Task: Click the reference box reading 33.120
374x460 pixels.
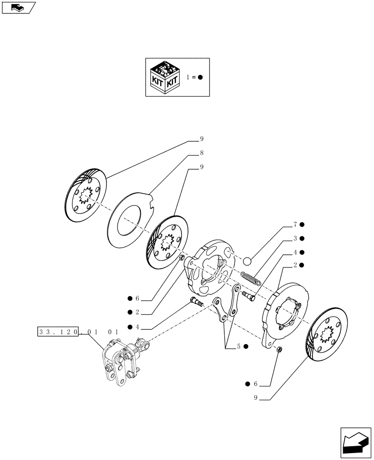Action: pyautogui.click(x=58, y=331)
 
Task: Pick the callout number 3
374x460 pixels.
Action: pyautogui.click(x=295, y=238)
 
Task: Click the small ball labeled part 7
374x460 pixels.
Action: pyautogui.click(x=247, y=261)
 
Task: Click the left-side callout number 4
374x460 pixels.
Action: pyautogui.click(x=137, y=327)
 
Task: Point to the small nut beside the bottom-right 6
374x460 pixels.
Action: pyautogui.click(x=279, y=351)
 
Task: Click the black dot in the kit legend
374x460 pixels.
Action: pyautogui.click(x=200, y=77)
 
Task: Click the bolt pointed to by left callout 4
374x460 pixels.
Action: pyautogui.click(x=197, y=304)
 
